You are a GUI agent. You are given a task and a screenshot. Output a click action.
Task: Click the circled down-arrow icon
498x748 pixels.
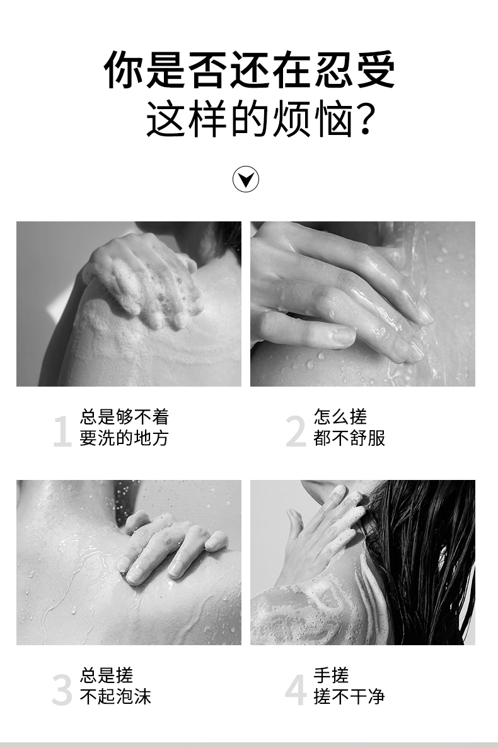tap(246, 179)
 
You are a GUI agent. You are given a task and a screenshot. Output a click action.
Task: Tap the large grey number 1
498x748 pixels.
tap(62, 431)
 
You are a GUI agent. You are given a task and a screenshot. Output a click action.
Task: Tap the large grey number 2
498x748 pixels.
tap(296, 431)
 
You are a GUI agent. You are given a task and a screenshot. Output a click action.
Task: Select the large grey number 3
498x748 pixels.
tap(62, 690)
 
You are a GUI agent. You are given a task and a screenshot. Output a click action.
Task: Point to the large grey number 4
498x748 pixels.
tap(296, 690)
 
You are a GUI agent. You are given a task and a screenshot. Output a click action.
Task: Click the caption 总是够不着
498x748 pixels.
tap(125, 416)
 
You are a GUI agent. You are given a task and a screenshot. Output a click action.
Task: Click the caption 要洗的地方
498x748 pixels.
tap(125, 438)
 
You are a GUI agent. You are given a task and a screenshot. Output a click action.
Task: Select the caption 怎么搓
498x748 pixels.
tap(340, 416)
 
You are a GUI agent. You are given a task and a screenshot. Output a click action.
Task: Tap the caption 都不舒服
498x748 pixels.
tap(349, 438)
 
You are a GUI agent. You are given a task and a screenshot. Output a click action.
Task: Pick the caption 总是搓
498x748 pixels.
tap(107, 675)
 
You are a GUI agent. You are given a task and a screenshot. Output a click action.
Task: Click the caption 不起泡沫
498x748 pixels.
tap(115, 696)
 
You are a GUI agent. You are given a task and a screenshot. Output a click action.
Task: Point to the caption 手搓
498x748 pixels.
tap(331, 675)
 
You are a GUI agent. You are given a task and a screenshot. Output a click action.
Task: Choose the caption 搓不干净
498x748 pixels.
tap(349, 696)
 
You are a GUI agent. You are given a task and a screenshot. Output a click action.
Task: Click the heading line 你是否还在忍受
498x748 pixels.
tap(250, 69)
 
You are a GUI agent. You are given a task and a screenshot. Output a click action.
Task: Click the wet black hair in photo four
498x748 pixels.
tap(420, 558)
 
